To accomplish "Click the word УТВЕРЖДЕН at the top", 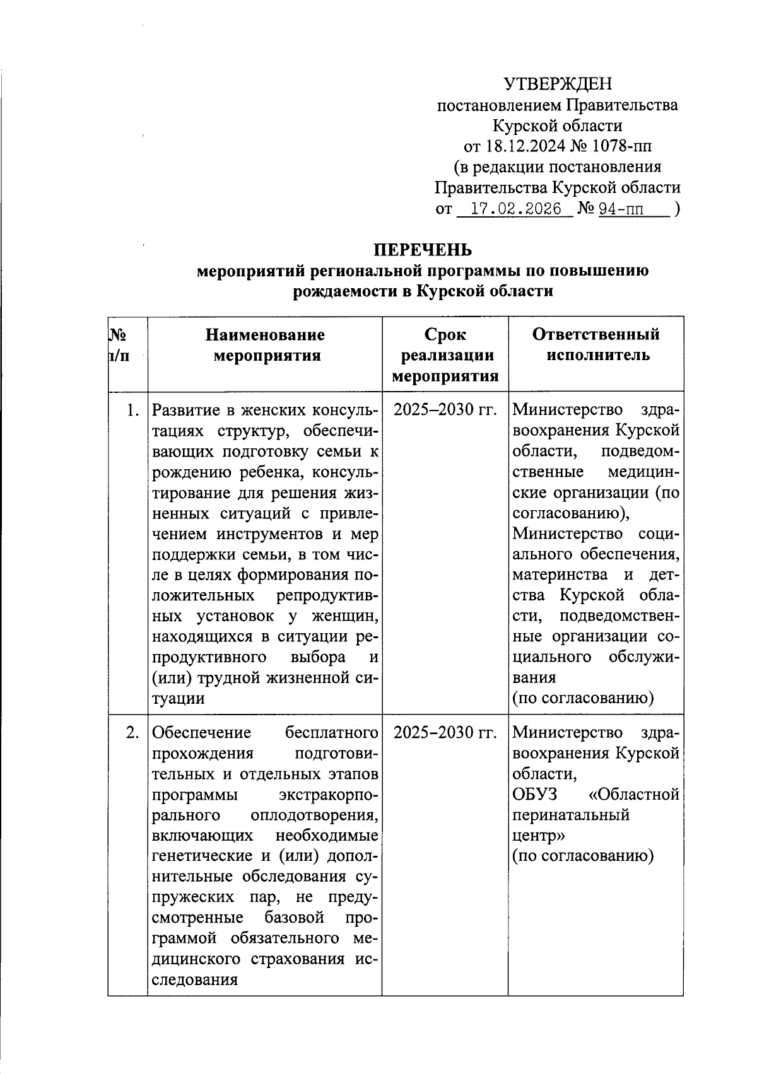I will click(558, 84).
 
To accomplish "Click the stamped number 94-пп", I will click(621, 209).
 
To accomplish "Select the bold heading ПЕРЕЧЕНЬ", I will click(423, 250).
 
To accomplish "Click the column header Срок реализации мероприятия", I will click(446, 355).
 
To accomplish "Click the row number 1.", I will click(132, 411).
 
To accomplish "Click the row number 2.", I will click(132, 733).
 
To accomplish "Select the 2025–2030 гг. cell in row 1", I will click(445, 411).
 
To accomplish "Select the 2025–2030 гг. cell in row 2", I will click(445, 733).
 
